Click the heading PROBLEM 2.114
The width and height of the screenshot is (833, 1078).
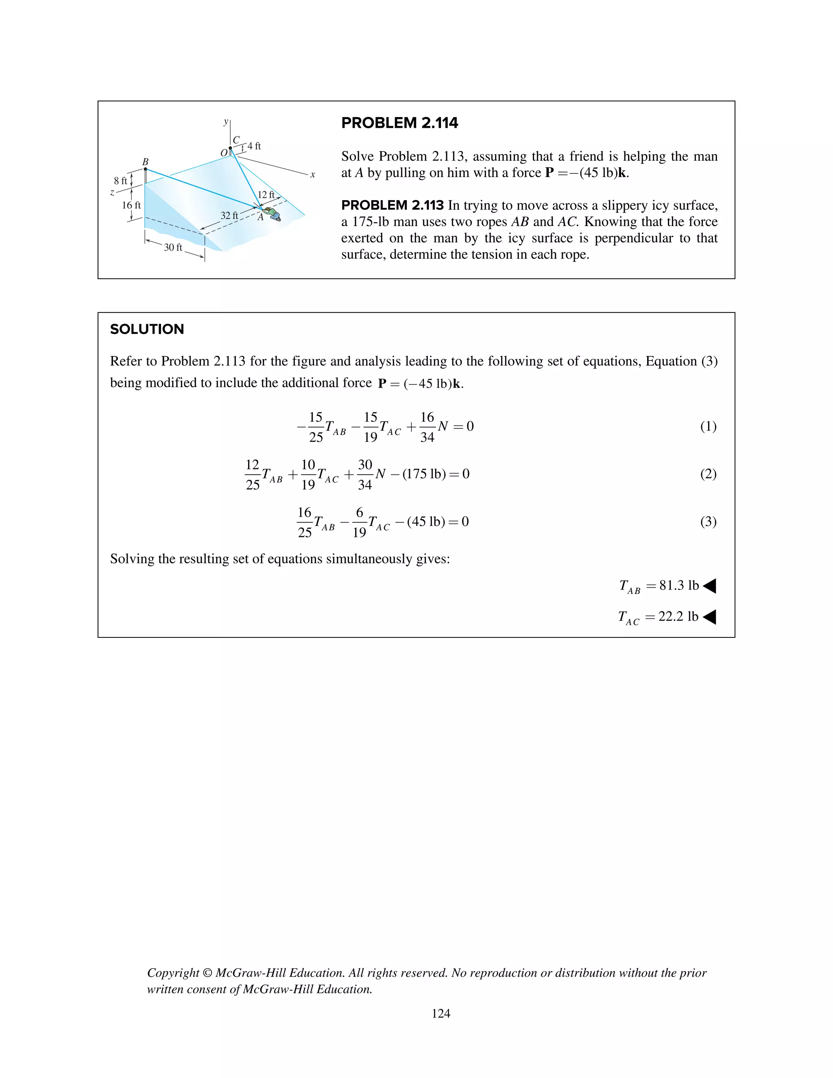click(x=399, y=123)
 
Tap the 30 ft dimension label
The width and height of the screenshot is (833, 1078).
click(x=173, y=247)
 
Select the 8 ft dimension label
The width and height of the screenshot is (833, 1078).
click(x=120, y=181)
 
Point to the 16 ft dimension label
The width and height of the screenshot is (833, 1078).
click(x=131, y=205)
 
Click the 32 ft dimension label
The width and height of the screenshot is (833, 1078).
click(x=229, y=216)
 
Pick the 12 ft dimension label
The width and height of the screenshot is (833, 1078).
click(x=266, y=195)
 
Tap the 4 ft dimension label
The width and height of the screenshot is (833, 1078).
click(x=254, y=146)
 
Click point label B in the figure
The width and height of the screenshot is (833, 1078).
click(x=145, y=162)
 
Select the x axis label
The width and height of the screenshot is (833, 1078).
click(x=312, y=175)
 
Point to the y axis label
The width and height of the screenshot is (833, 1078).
click(x=225, y=121)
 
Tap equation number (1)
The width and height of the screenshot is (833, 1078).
click(x=708, y=426)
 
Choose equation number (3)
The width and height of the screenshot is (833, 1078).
click(x=708, y=522)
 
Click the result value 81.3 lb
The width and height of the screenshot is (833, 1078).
click(x=679, y=585)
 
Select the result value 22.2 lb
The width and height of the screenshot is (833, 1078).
click(x=678, y=616)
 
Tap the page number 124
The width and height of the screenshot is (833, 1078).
click(x=440, y=1013)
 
